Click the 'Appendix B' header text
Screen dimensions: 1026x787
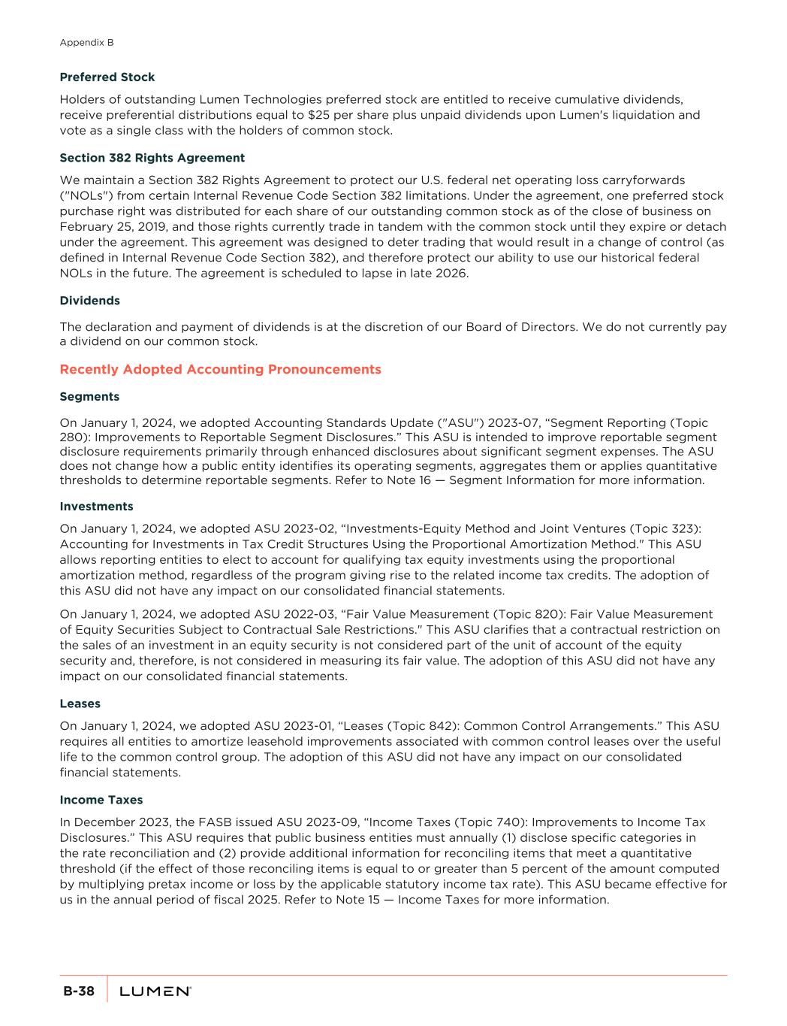click(86, 43)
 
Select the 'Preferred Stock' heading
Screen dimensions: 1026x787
click(107, 77)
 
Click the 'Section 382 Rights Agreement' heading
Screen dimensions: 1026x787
click(152, 158)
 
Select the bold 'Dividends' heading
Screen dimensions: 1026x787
click(89, 301)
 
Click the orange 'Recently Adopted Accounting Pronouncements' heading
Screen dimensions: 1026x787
click(220, 370)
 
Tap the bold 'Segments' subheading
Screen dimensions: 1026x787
click(89, 397)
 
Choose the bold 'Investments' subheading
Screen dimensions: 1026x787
click(96, 507)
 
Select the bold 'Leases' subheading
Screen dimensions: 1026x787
click(80, 704)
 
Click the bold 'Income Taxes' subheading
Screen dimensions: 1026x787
click(101, 800)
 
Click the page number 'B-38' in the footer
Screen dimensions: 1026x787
click(79, 991)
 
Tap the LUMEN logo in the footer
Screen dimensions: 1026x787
click(155, 992)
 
